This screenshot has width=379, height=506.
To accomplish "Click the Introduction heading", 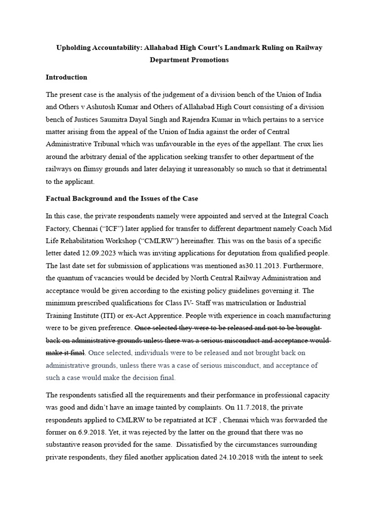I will [x=66, y=77].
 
